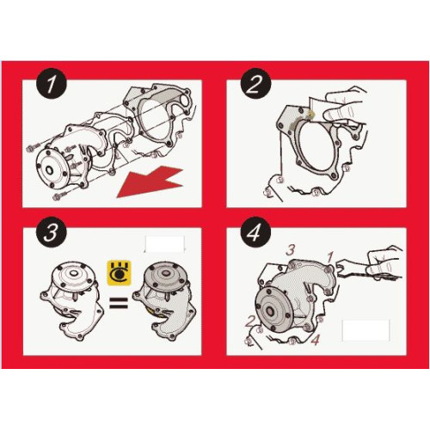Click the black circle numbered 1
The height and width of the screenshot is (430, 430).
(52, 84)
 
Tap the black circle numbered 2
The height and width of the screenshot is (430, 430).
(255, 84)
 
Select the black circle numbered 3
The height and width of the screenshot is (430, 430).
(52, 232)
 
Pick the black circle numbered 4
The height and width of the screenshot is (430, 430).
(255, 232)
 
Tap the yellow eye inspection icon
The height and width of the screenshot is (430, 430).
(119, 273)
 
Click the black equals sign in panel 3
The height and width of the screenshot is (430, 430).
(119, 303)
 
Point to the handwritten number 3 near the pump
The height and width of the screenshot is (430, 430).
(291, 250)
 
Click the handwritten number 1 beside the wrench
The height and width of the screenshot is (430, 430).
(330, 257)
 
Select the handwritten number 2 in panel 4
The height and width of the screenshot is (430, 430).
(249, 321)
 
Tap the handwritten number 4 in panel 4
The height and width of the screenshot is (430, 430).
(315, 340)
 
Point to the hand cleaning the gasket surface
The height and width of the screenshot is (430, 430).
(342, 107)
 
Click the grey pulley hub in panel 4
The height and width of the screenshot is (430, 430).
(273, 311)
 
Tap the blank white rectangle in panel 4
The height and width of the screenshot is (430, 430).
(365, 330)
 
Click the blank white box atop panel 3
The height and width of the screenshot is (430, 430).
(164, 244)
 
